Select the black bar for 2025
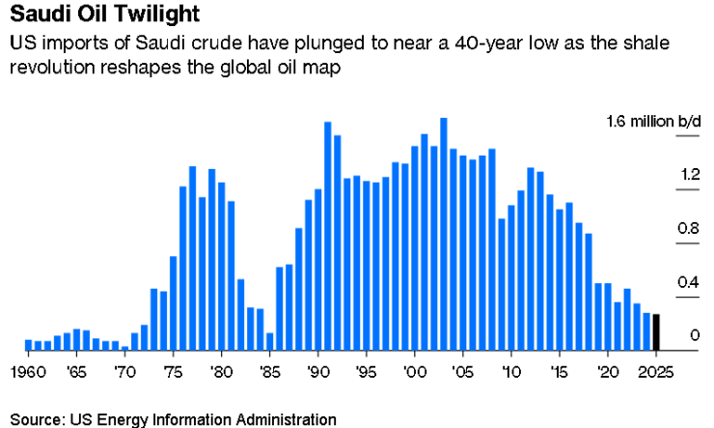pyautogui.click(x=656, y=332)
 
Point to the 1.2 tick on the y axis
pyautogui.click(x=662, y=175)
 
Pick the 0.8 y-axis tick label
pyautogui.click(x=662, y=229)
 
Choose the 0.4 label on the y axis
pyautogui.click(x=662, y=282)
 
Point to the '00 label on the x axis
pyautogui.click(x=415, y=370)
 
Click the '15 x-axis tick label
pyautogui.click(x=560, y=370)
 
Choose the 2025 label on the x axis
pyautogui.click(x=656, y=370)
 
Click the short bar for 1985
pyautogui.click(x=270, y=341)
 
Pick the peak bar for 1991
pyautogui.click(x=328, y=236)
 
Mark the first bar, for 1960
pyautogui.click(x=29, y=344)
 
